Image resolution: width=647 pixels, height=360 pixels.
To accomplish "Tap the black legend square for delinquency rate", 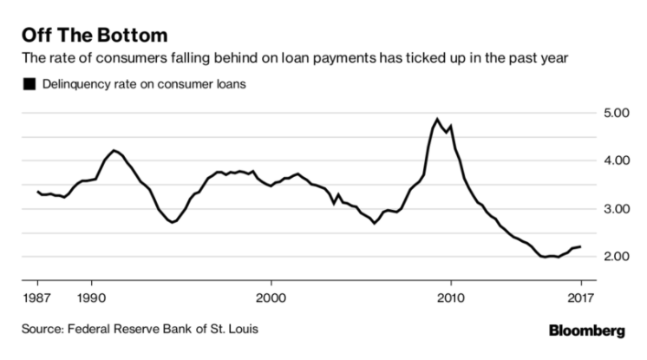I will [29, 85].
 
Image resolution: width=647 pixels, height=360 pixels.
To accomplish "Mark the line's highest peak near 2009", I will [437, 120].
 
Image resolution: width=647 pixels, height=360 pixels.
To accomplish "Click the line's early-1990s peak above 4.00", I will [114, 150].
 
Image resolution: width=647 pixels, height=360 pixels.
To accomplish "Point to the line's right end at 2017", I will [579, 246].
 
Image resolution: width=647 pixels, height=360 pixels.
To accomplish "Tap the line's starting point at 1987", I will [37, 191].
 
